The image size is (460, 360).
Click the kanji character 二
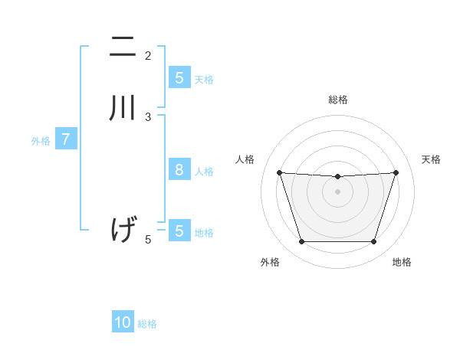(x=123, y=47)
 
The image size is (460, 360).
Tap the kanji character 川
(x=123, y=107)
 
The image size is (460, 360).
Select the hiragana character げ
(x=123, y=229)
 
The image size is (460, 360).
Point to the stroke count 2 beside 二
(x=148, y=55)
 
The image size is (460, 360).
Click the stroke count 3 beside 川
(x=148, y=116)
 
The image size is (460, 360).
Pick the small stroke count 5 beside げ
(x=148, y=240)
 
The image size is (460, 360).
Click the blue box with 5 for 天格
(x=179, y=77)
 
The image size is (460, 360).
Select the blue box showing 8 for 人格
(x=179, y=170)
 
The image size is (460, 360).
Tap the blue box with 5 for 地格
(x=179, y=231)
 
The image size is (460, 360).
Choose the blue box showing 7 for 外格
(x=66, y=139)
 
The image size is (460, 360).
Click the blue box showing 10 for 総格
(x=123, y=322)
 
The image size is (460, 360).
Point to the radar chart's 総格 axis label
(x=337, y=100)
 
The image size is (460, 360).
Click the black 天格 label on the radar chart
(x=432, y=159)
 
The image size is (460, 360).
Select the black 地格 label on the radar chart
(x=402, y=262)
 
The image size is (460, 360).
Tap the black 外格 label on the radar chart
(x=270, y=262)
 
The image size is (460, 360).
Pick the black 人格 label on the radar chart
(x=245, y=159)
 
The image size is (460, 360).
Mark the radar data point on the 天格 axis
(x=396, y=173)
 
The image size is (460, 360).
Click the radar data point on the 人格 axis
(x=279, y=173)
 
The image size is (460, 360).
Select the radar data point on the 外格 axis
(x=301, y=242)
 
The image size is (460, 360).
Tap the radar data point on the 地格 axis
(x=373, y=242)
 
